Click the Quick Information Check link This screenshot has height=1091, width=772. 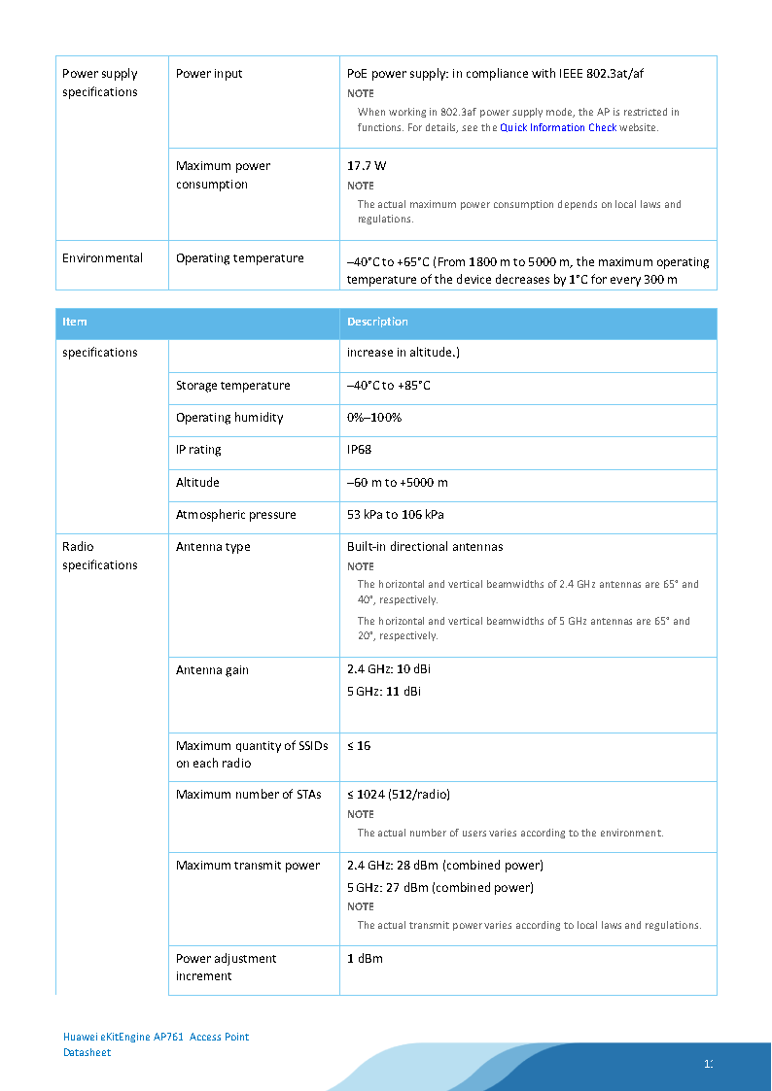(x=558, y=127)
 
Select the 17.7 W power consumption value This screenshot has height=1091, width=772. (x=367, y=166)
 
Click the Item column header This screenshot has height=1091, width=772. (x=75, y=322)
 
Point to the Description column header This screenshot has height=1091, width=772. (x=377, y=322)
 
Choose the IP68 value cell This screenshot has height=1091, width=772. (x=359, y=450)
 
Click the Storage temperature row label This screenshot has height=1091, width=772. (x=232, y=386)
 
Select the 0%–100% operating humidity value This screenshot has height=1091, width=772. (x=374, y=418)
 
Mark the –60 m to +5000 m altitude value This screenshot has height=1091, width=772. (x=397, y=483)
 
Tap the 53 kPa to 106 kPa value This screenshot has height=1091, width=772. (x=395, y=515)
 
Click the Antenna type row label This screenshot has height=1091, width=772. (x=213, y=547)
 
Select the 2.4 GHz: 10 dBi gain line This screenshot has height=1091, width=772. (x=390, y=670)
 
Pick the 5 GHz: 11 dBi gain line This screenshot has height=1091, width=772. (x=384, y=692)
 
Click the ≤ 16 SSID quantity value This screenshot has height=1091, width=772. (x=359, y=746)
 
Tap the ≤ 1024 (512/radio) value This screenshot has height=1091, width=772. (x=399, y=795)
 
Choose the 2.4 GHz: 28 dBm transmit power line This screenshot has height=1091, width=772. (x=444, y=866)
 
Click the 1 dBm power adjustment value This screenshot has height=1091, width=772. (x=365, y=959)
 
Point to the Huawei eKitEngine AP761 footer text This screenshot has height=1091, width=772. (x=156, y=1037)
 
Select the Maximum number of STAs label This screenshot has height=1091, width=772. (x=248, y=795)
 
